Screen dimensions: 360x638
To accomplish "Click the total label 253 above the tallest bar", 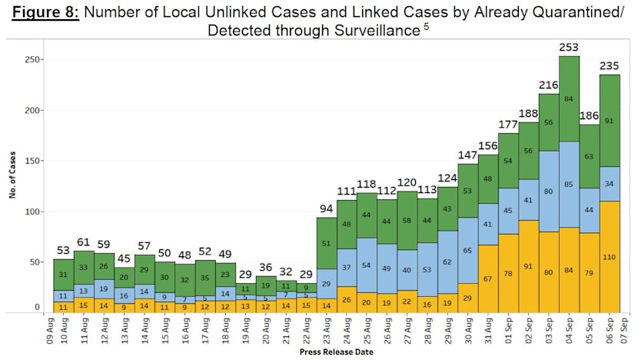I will (x=570, y=48).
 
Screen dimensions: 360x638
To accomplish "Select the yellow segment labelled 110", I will (x=610, y=256).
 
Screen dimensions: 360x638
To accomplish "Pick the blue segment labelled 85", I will (x=570, y=185).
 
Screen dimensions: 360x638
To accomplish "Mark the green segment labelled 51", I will (x=327, y=243).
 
